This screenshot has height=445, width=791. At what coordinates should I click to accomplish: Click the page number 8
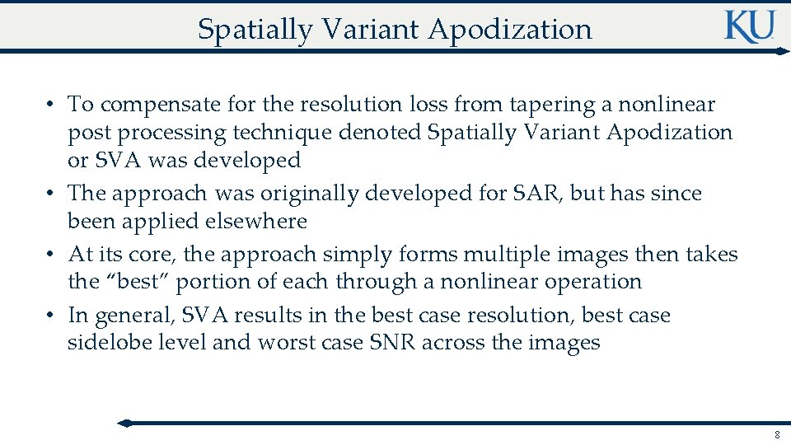[x=776, y=434]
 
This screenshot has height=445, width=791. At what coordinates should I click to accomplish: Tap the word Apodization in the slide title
[x=510, y=30]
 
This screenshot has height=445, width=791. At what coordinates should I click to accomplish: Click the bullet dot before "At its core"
[x=51, y=255]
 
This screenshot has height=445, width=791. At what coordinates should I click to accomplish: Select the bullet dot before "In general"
[x=51, y=316]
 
